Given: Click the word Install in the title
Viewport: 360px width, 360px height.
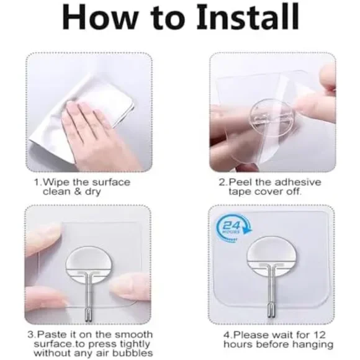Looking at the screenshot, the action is [248, 17].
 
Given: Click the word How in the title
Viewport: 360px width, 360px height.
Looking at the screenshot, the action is [99, 17].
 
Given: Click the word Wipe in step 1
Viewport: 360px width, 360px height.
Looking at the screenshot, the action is [56, 182].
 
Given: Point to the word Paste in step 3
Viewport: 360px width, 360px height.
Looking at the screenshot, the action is [50, 334].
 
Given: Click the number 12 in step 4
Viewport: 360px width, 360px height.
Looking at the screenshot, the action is [320, 335].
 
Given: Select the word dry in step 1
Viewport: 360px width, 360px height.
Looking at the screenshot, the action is [92, 192].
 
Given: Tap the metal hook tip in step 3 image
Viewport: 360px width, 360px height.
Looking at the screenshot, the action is [89, 314].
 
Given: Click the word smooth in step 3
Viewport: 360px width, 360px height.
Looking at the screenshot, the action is [133, 334].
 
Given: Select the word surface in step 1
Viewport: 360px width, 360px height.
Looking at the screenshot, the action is [111, 182].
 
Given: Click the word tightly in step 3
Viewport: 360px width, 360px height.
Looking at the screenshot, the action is [135, 344].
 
